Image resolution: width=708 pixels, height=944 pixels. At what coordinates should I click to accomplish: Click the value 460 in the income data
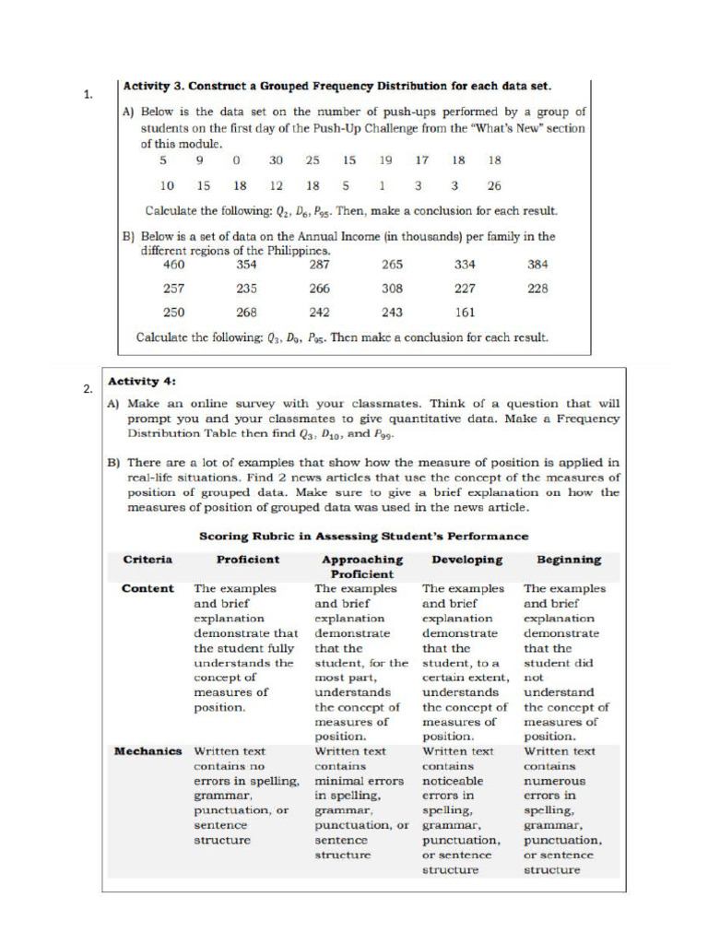[173, 265]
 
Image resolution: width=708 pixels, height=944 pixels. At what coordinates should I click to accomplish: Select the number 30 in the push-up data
[276, 159]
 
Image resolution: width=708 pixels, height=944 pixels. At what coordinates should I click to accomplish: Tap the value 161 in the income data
[465, 313]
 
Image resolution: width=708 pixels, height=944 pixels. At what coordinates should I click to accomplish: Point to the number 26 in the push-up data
[495, 184]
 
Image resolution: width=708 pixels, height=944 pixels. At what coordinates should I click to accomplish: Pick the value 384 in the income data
[538, 265]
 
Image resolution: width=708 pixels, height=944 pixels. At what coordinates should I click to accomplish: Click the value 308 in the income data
[392, 289]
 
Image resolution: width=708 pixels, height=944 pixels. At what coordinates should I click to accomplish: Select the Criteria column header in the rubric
[147, 560]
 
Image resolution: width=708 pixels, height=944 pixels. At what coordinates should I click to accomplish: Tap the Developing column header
[466, 560]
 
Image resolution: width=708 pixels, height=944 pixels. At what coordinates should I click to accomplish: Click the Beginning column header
[569, 560]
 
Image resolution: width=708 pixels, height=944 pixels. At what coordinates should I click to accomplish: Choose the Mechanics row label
[147, 751]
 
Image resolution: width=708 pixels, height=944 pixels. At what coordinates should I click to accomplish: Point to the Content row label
[147, 588]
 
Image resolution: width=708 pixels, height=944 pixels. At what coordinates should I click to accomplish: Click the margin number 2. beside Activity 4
[88, 389]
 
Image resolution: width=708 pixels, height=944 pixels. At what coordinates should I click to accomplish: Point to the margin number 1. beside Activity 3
[88, 94]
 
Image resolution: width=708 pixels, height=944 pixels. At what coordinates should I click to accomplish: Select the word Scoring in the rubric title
[225, 536]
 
